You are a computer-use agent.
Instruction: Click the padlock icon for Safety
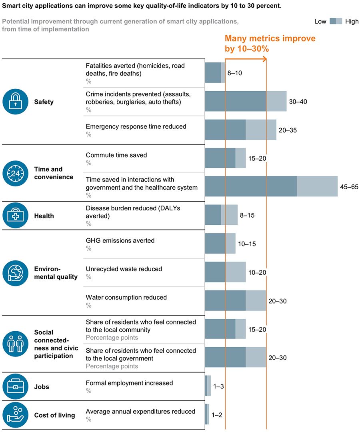16,102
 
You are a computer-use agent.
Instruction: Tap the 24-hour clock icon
16,173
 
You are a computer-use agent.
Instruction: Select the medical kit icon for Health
16,216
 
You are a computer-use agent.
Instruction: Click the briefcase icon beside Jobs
16,386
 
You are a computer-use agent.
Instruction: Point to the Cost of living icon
16,415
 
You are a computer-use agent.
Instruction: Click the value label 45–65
350,187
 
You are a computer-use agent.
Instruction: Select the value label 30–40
298,102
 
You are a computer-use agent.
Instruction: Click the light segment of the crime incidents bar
276,102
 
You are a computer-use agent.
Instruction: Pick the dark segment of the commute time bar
220,158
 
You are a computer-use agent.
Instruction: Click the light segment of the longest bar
317,187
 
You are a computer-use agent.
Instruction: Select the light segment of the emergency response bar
261,130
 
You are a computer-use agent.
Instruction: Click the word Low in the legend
320,22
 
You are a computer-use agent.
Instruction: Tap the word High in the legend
352,22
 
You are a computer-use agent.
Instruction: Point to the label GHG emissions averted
120,240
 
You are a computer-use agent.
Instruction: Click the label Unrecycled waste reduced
124,269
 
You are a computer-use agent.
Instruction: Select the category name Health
44,216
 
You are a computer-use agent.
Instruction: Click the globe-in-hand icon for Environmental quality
16,273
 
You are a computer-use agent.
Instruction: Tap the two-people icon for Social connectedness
16,344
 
